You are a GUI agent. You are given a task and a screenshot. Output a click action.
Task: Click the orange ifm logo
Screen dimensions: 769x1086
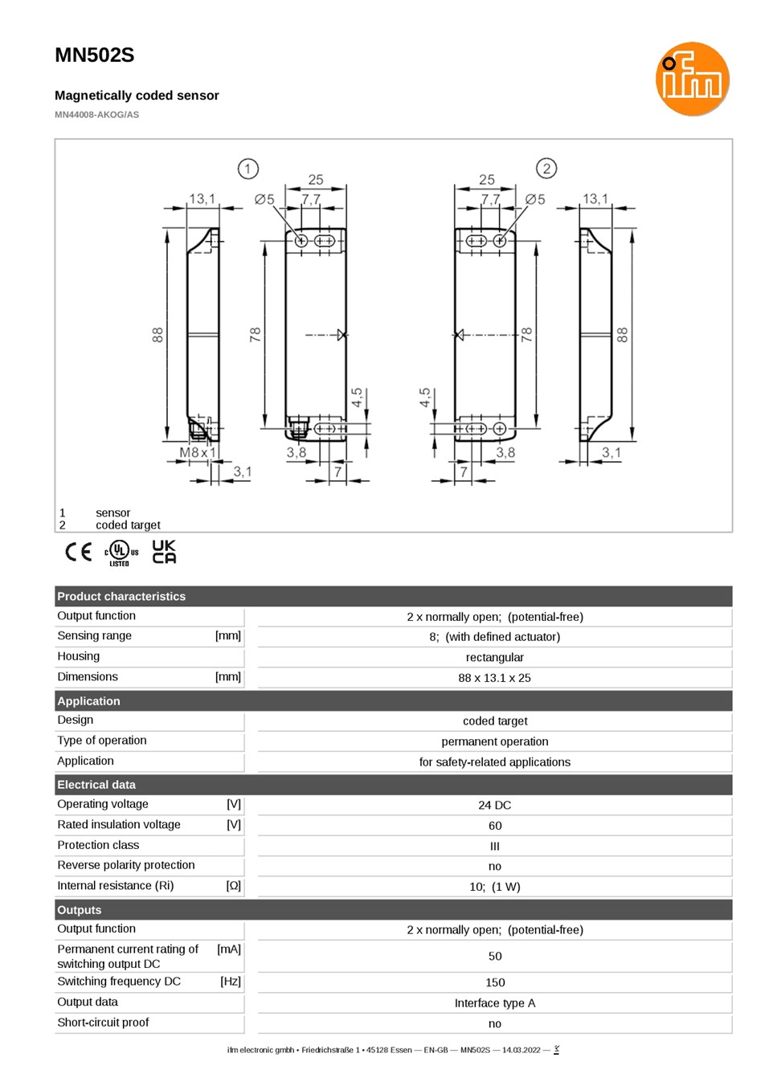coord(692,79)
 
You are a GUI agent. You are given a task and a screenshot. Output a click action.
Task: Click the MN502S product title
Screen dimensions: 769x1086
coord(95,55)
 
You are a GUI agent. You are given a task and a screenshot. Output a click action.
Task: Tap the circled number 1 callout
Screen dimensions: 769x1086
coord(247,169)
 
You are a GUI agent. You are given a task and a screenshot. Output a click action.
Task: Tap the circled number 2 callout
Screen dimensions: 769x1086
coord(546,168)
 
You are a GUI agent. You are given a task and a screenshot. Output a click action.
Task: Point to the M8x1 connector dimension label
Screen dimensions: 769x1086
coord(198,452)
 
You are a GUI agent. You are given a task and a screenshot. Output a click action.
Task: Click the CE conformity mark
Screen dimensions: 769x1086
coord(79,552)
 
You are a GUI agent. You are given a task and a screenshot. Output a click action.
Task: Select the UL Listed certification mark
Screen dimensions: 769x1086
coord(121,553)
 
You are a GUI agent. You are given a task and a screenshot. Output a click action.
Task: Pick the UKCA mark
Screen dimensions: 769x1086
coord(165,552)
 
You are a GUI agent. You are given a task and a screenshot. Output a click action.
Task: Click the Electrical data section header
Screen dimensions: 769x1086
coord(96,785)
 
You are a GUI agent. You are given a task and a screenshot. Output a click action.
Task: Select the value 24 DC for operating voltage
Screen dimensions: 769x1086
coord(494,806)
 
